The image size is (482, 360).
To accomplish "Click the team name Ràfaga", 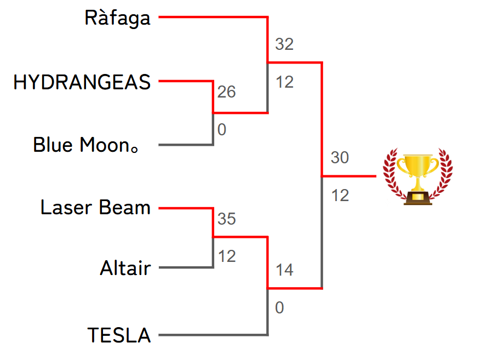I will [x=117, y=18].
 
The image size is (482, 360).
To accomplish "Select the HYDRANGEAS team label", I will [x=82, y=82].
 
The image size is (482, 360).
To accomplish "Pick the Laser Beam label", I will [x=95, y=208].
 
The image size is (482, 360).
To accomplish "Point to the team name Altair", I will [x=125, y=268].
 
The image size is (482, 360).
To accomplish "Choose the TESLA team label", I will [x=119, y=335].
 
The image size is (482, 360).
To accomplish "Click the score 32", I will [x=284, y=44].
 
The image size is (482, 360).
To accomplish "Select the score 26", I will [x=226, y=92].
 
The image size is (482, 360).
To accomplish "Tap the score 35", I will [x=226, y=219].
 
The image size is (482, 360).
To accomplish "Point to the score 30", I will [x=340, y=158].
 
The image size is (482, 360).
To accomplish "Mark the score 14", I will [x=284, y=270].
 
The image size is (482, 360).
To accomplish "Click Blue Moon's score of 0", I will [x=222, y=130].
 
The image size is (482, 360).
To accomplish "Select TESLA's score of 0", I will [x=279, y=308].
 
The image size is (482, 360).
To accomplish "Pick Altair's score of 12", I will [x=226, y=256].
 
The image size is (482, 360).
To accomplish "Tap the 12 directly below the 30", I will [x=340, y=195].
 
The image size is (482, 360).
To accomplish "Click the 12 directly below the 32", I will [x=284, y=82].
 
